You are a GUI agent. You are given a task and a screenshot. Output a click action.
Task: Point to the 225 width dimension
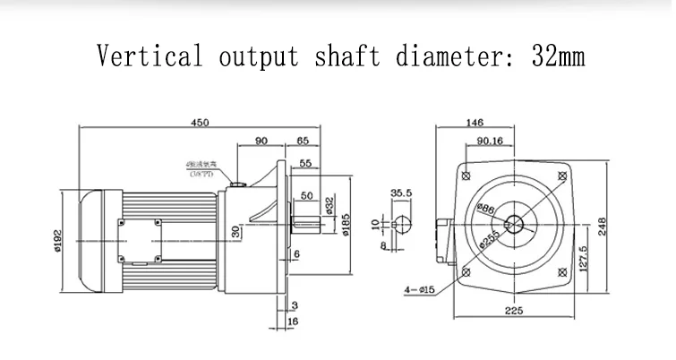(514, 311)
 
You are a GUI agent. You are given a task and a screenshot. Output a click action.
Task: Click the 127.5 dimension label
(583, 260)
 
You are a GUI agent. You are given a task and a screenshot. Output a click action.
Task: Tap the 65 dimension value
(302, 140)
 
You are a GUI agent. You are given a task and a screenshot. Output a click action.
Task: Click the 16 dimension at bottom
(294, 321)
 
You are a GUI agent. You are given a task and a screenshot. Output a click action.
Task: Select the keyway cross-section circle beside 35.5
(402, 223)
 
